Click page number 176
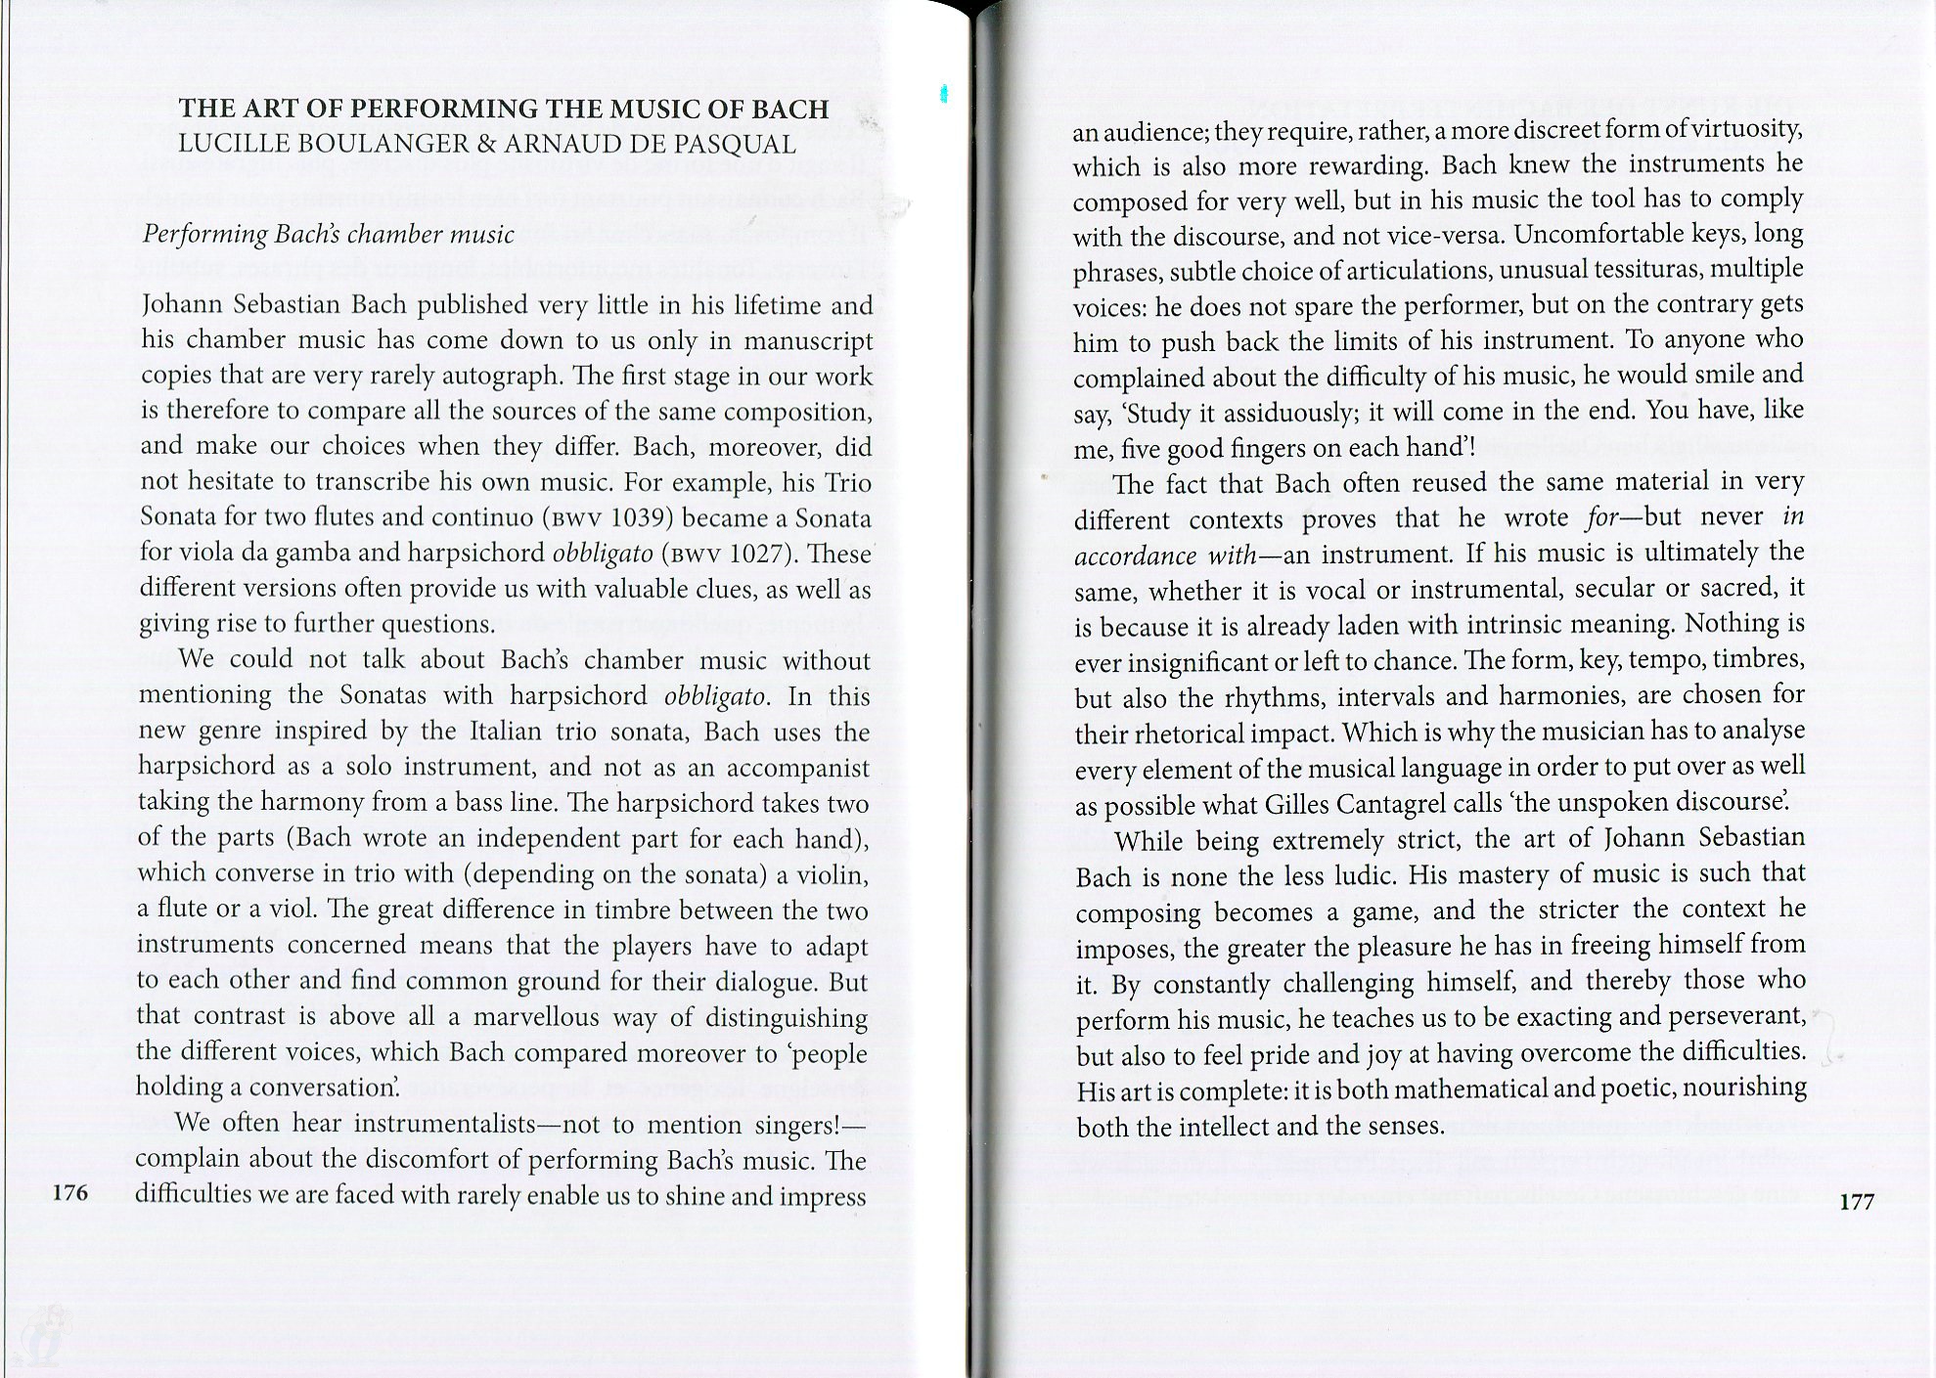click(70, 1192)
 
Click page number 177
click(1857, 1201)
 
